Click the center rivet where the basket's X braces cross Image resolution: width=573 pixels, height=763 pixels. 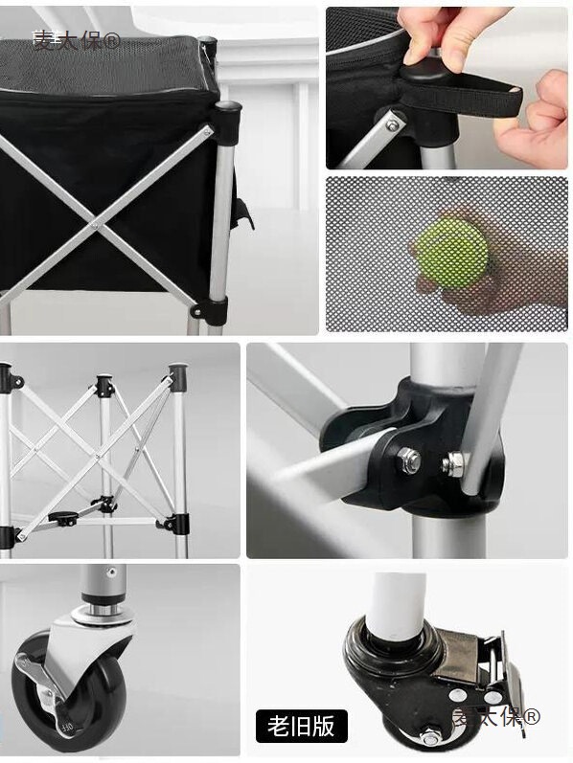pos(98,224)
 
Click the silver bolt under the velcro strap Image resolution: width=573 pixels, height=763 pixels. pos(392,121)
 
